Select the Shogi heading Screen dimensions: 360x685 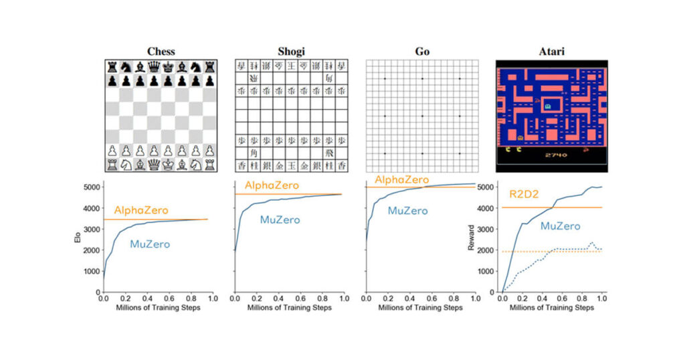pos(292,52)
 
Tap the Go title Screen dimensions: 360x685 pos(422,52)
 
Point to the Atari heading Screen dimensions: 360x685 pos(551,52)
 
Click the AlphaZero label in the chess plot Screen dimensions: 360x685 pos(141,210)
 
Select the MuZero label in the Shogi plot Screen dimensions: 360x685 pos(280,220)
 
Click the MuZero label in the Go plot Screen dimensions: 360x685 pos(407,211)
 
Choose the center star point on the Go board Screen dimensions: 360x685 pos(422,116)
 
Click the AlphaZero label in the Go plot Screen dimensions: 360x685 pos(401,180)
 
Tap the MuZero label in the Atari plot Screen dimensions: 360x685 pos(560,227)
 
